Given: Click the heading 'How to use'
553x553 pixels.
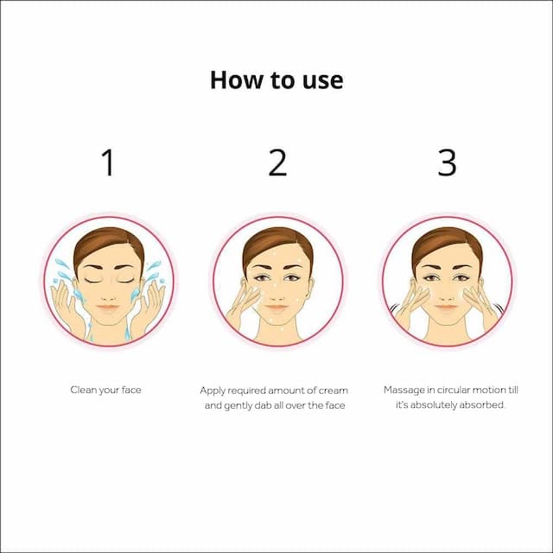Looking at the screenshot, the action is [276, 80].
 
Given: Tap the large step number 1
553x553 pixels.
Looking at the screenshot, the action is [108, 162].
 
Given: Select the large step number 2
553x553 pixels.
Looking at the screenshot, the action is [277, 162].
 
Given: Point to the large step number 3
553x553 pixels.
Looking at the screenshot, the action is [447, 162].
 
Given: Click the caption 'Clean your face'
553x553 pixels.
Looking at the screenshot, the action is [105, 390].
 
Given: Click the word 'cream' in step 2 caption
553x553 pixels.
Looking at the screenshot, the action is [334, 391].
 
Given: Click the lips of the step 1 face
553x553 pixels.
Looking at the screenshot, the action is [108, 308].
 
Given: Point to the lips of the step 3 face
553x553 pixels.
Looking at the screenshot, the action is [447, 308].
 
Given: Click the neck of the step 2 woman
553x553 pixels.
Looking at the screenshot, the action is [278, 330].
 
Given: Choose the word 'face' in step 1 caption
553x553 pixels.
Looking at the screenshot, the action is [131, 390].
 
